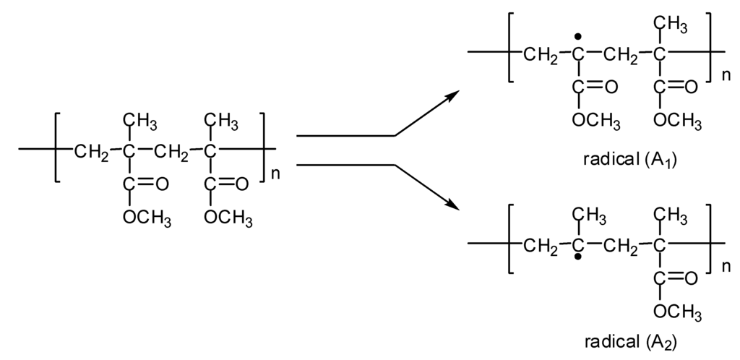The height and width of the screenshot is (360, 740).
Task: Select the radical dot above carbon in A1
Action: tap(577, 36)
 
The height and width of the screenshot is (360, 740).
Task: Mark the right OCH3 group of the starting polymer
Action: tap(228, 217)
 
